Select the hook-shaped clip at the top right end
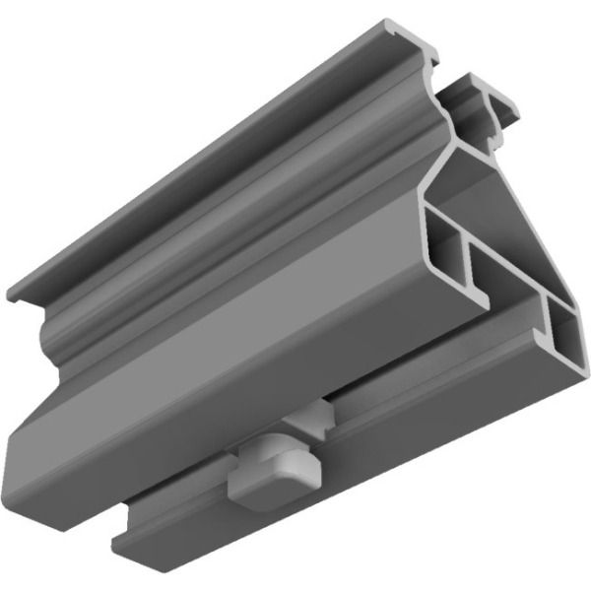[x=483, y=98]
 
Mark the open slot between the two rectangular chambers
[x=512, y=295]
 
